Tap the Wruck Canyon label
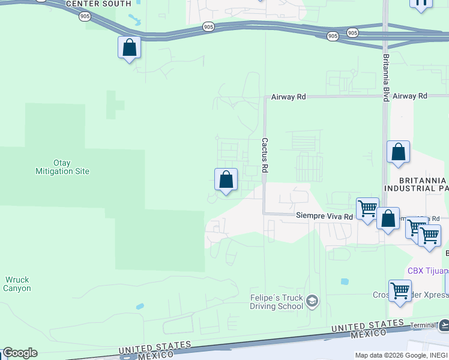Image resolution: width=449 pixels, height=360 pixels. click(x=17, y=284)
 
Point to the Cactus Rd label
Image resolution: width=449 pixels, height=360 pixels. click(x=264, y=155)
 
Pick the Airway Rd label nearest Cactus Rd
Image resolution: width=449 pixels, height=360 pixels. click(x=289, y=96)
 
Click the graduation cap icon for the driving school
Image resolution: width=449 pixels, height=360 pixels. click(x=312, y=301)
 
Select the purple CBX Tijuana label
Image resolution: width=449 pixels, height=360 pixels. click(x=427, y=271)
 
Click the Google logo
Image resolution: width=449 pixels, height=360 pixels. click(x=20, y=353)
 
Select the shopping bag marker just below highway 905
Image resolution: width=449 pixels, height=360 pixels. click(x=129, y=47)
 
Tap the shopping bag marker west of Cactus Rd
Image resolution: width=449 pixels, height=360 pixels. click(x=226, y=179)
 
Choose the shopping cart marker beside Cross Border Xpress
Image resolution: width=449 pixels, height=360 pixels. click(x=400, y=291)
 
